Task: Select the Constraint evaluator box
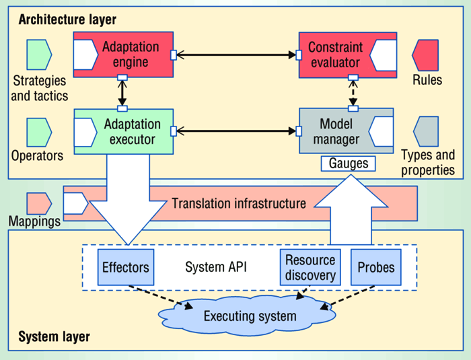pyautogui.click(x=347, y=57)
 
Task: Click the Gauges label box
pyautogui.click(x=347, y=163)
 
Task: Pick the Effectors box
pyautogui.click(x=125, y=267)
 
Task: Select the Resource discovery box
pyautogui.click(x=310, y=267)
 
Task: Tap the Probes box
pyautogui.click(x=376, y=267)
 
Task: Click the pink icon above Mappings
pyautogui.click(x=39, y=203)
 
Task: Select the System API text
pyautogui.click(x=216, y=267)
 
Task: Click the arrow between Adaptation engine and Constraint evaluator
pyautogui.click(x=235, y=55)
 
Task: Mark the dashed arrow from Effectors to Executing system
pyautogui.click(x=165, y=297)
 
